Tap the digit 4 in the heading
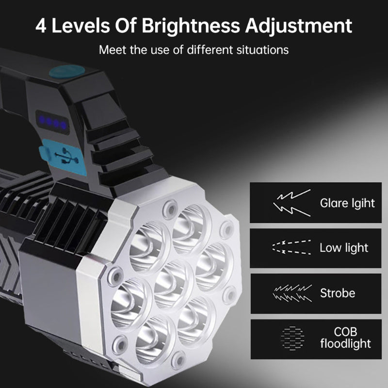pos(41,25)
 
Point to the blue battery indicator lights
pos(53,122)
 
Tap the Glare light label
pos(347,203)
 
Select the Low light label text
pos(344,248)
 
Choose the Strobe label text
pos(338,293)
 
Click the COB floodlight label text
pos(346,339)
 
